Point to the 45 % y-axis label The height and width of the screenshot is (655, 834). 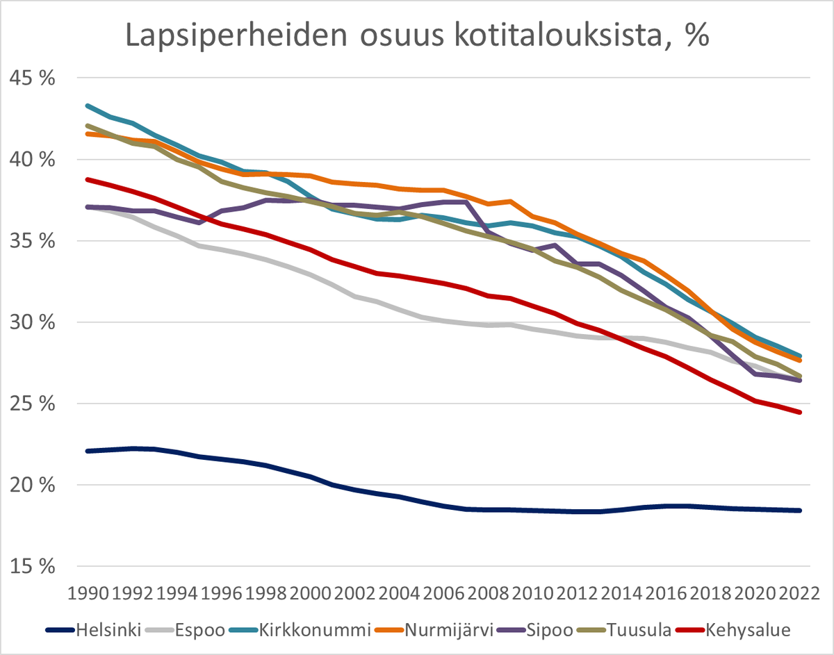coord(32,78)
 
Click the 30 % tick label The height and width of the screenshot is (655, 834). coord(32,322)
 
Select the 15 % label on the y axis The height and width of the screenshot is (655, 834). coord(32,567)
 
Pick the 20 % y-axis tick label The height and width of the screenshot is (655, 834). coord(32,485)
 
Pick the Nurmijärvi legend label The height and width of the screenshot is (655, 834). coord(449,630)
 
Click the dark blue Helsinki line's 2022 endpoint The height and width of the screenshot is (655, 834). coord(800,511)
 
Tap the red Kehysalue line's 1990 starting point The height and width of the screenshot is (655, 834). coord(88,179)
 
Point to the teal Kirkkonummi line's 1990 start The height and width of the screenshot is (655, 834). coord(88,106)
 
